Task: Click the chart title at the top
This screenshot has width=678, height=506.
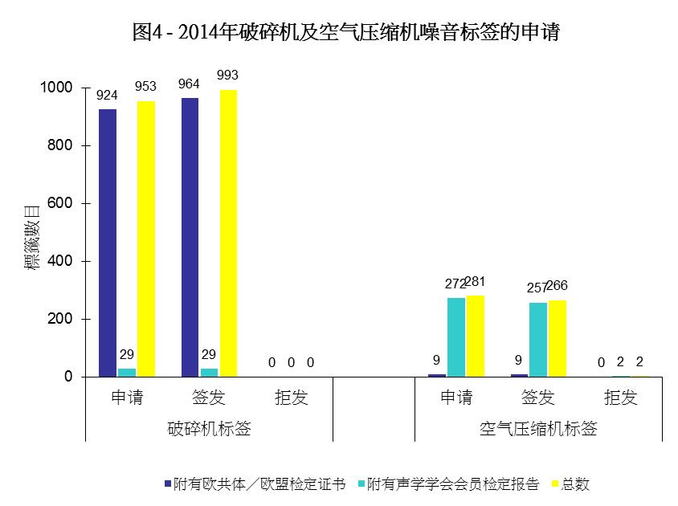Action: pyautogui.click(x=345, y=32)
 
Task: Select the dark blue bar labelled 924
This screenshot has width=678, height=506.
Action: pyautogui.click(x=108, y=241)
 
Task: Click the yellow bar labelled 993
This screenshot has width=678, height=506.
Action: pyautogui.click(x=228, y=233)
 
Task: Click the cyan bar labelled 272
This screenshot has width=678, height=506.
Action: pyautogui.click(x=456, y=337)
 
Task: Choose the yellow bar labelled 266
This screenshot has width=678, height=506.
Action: pyautogui.click(x=558, y=338)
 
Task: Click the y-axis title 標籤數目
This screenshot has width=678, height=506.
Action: pyautogui.click(x=32, y=237)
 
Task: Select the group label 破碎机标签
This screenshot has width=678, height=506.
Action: pyautogui.click(x=209, y=429)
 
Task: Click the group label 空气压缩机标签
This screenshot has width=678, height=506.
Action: pyautogui.click(x=538, y=429)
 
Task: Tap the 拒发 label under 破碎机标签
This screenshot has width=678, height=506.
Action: pyautogui.click(x=292, y=398)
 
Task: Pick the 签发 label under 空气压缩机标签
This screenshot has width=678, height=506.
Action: pyautogui.click(x=538, y=398)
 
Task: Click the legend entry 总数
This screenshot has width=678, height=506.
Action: pyautogui.click(x=575, y=484)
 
